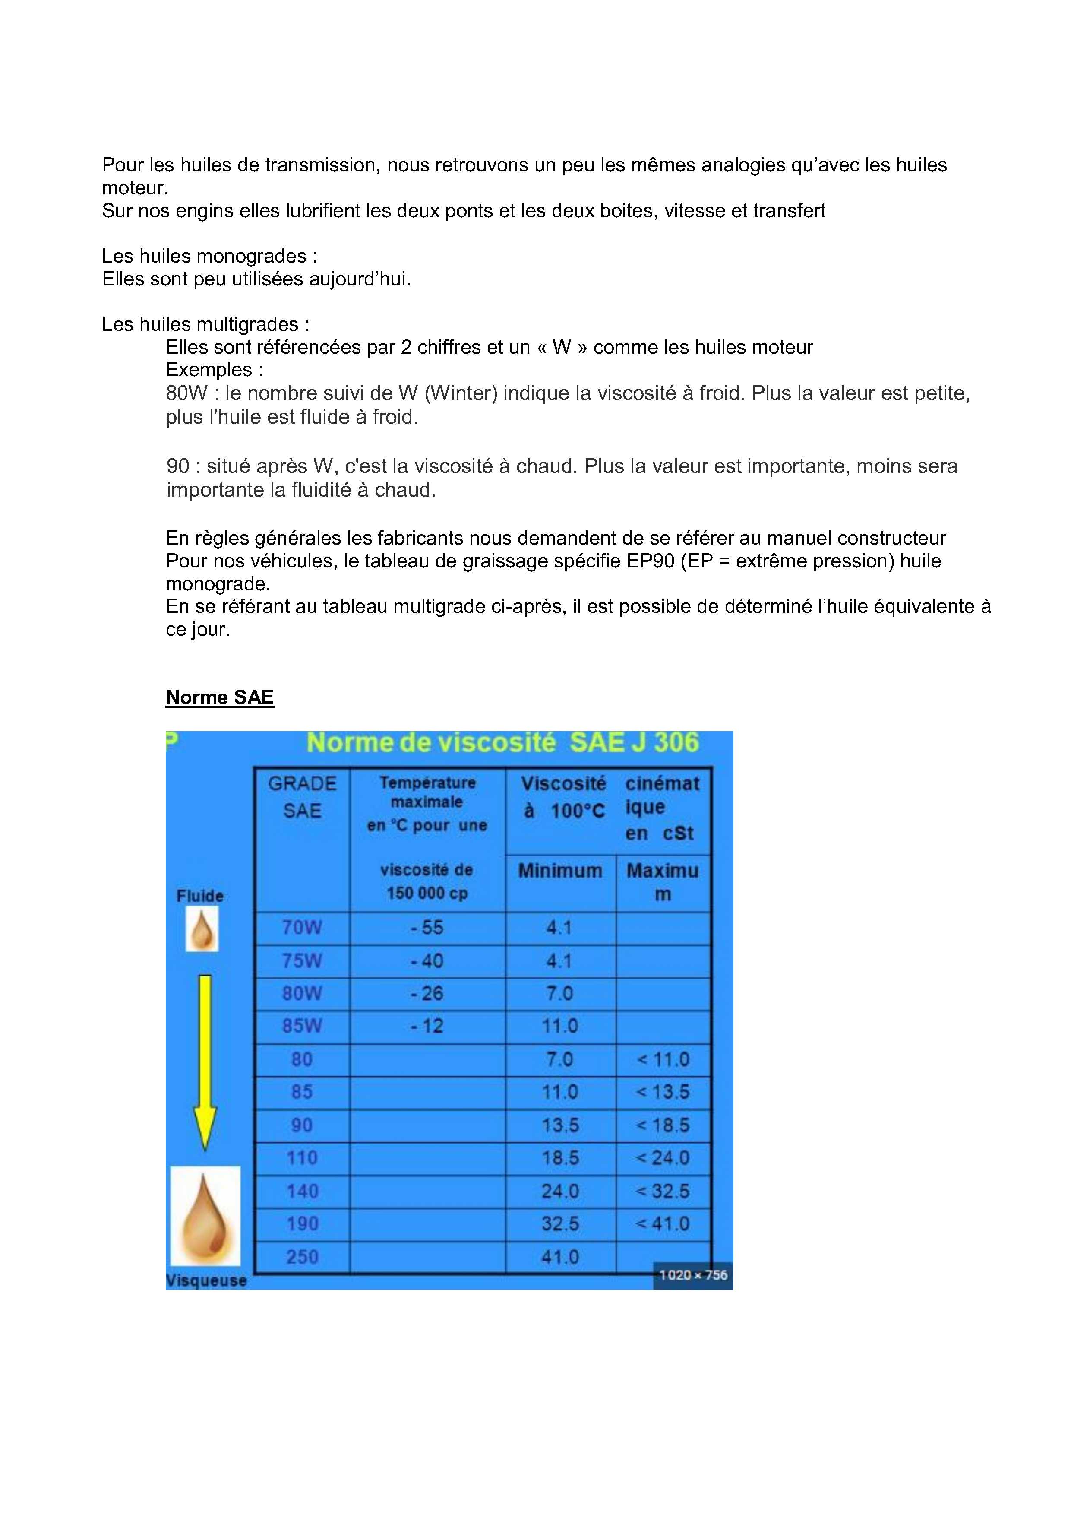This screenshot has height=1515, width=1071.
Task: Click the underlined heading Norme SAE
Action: coord(220,697)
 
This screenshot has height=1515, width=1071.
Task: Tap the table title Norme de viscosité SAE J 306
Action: coord(502,743)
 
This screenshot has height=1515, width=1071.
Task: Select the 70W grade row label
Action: coord(302,928)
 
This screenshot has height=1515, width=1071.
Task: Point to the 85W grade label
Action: coord(302,1026)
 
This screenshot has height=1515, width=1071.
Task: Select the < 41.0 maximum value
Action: coord(663,1224)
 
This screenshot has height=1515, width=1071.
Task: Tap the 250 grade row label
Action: coord(302,1257)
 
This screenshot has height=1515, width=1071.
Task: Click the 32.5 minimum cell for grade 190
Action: coord(560,1224)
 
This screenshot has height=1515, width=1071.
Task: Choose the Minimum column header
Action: coord(560,871)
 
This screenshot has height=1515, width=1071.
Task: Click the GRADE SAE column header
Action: coord(302,797)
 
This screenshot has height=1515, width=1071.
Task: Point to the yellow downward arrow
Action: coord(205,1062)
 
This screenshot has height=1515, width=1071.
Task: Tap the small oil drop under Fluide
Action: coord(202,929)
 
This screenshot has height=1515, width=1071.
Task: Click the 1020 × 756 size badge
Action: coord(693,1275)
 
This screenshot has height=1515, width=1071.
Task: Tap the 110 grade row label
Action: coord(302,1158)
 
